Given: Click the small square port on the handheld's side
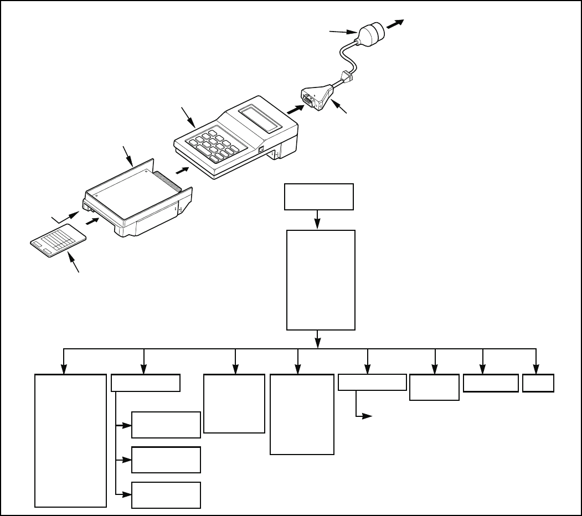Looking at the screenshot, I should click(261, 149).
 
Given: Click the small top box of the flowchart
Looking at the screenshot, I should click(318, 197).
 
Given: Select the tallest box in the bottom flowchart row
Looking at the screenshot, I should click(70, 440).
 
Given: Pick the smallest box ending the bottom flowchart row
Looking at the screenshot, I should click(539, 384).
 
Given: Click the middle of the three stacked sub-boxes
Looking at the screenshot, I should click(166, 460).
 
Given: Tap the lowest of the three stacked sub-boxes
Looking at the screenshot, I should click(166, 495).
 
